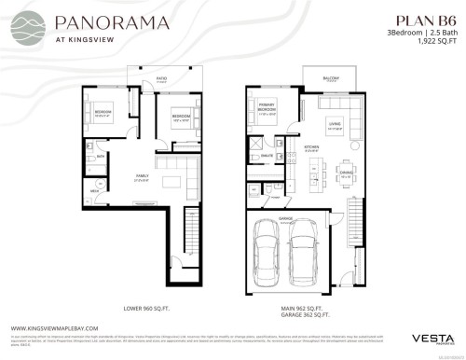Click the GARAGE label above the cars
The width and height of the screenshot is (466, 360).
tap(286, 220)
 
